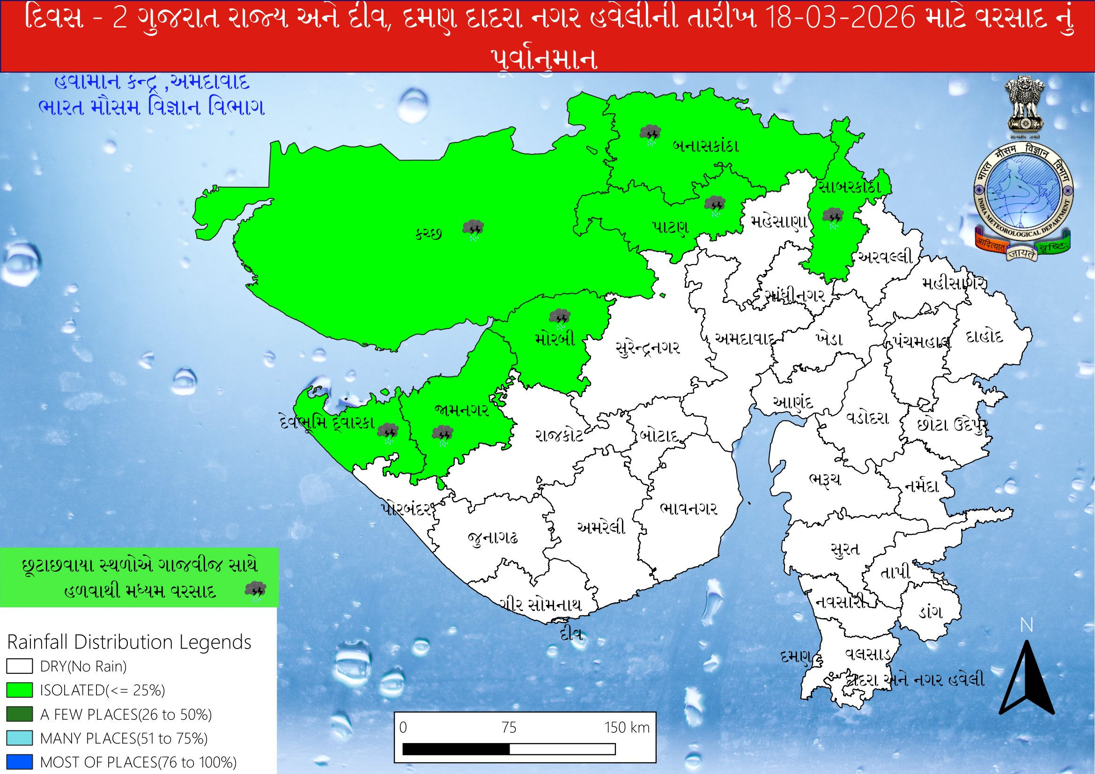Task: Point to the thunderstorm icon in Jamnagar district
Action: click(x=442, y=435)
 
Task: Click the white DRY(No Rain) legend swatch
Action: click(x=20, y=666)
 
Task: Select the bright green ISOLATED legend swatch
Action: click(x=20, y=690)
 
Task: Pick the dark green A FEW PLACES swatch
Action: click(x=20, y=714)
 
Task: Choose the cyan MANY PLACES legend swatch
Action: click(x=20, y=738)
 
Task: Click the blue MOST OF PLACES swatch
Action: click(x=20, y=762)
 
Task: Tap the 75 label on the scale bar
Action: click(x=509, y=727)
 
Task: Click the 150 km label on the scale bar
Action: click(x=627, y=727)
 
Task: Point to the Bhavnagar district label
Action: click(x=688, y=509)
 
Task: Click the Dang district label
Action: click(x=930, y=612)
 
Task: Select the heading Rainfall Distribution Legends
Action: click(x=129, y=642)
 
